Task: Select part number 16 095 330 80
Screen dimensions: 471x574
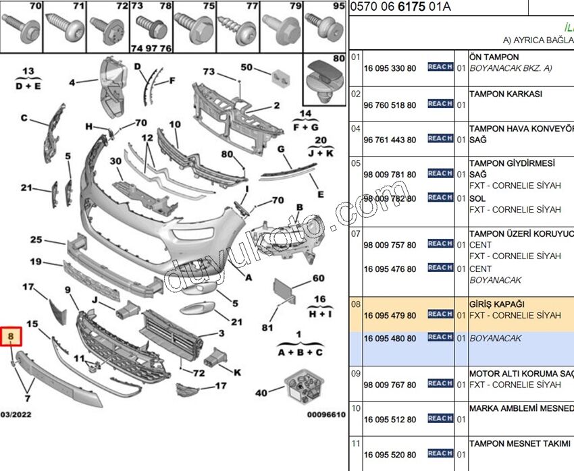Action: [390, 68]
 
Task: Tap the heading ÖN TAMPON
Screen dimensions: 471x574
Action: [494, 57]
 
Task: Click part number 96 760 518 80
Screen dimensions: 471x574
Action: [390, 105]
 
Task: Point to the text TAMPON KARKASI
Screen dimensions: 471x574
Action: [506, 94]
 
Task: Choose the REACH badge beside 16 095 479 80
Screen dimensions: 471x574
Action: [440, 314]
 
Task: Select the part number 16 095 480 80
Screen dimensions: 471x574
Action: [390, 339]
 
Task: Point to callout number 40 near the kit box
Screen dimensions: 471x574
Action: [261, 392]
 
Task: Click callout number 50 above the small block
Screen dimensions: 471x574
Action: [246, 67]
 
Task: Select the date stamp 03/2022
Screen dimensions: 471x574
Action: [15, 414]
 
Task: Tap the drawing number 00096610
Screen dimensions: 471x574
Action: [326, 415]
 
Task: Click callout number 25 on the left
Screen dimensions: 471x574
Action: [36, 240]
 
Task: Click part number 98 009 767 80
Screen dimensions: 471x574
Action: [390, 385]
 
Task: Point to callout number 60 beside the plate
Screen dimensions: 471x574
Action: [318, 278]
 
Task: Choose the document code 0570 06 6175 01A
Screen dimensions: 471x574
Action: [400, 7]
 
